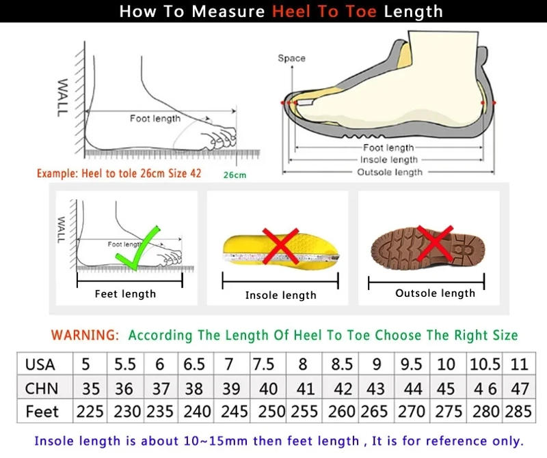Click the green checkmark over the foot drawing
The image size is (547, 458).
(x=137, y=248)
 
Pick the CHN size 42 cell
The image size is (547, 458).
(x=342, y=388)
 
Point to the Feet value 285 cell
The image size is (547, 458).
(x=519, y=412)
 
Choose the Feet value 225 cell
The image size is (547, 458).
(x=90, y=412)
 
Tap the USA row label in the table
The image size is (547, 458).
(x=40, y=364)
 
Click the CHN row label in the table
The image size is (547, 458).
(x=41, y=388)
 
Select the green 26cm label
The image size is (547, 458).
(x=235, y=175)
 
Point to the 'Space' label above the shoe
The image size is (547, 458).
(x=291, y=58)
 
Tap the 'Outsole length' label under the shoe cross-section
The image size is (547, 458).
(x=390, y=172)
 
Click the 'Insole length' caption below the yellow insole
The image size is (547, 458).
(x=280, y=296)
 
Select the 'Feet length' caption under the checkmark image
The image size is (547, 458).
(x=125, y=294)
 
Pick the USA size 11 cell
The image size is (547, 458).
(x=519, y=364)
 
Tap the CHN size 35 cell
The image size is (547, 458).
(x=90, y=388)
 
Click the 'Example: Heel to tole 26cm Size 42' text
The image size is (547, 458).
(x=119, y=173)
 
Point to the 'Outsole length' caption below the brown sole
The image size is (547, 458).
(x=435, y=294)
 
